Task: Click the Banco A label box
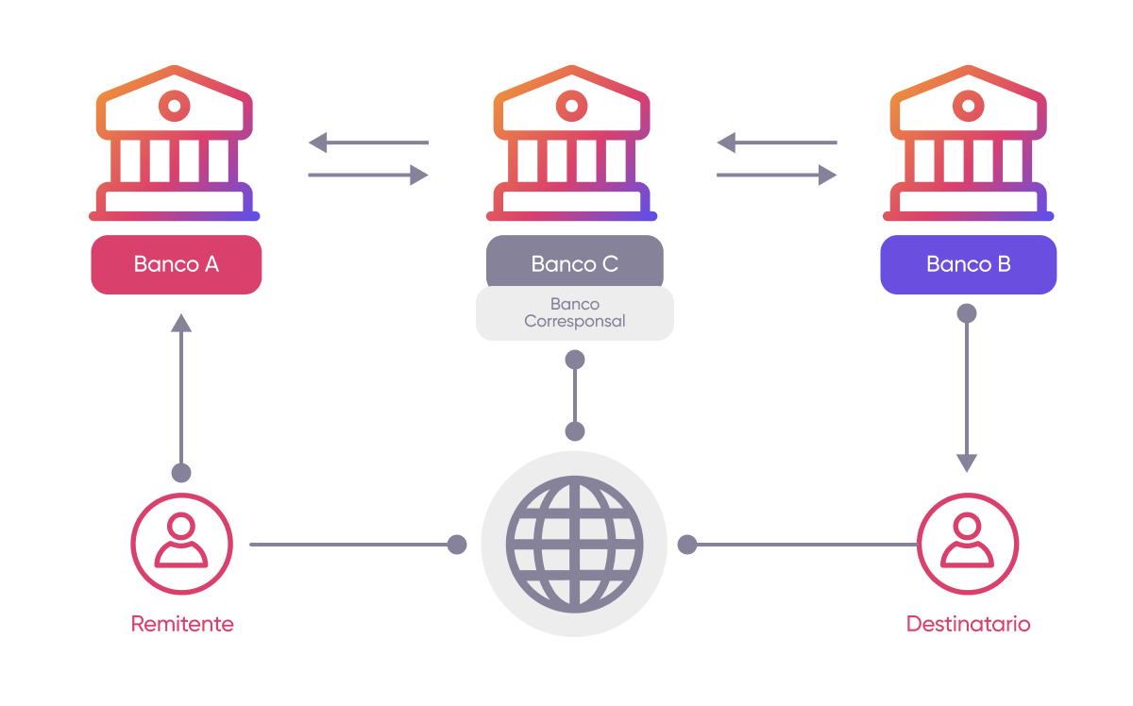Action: coord(176,264)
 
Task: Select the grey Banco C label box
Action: coord(574,264)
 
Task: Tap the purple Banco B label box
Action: coord(968,264)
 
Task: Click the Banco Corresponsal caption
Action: coord(574,312)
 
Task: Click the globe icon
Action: coord(574,545)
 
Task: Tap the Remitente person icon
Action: coord(181,545)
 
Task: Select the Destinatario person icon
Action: coord(968,545)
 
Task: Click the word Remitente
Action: coord(181,624)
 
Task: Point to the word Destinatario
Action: coord(968,624)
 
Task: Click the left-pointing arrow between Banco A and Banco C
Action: coord(368,143)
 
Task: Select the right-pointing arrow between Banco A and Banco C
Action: coord(368,175)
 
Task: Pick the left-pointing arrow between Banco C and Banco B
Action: coord(776,143)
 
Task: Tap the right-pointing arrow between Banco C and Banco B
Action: coord(776,175)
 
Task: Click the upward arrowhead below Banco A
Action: coord(181,323)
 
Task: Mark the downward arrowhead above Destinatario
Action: coord(966,462)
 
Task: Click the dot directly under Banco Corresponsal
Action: coord(574,360)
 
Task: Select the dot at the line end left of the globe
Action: coord(457,545)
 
